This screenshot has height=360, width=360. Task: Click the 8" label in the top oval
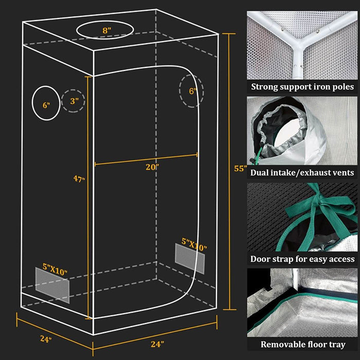click(x=106, y=30)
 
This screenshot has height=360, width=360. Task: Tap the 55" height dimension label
click(x=240, y=168)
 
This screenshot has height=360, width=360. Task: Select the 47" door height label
click(x=79, y=179)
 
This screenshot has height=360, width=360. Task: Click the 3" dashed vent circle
click(x=73, y=101)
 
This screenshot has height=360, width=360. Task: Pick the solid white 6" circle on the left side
click(x=46, y=103)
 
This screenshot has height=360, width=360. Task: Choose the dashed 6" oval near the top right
click(x=191, y=91)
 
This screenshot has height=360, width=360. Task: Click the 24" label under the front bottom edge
click(x=158, y=344)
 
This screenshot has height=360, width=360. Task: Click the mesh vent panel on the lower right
click(x=190, y=258)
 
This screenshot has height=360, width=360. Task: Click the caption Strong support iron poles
click(x=302, y=86)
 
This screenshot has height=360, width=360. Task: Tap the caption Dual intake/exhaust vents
click(x=302, y=173)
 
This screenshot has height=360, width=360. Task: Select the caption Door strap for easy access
click(x=302, y=259)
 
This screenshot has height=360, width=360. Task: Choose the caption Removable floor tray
click(x=302, y=344)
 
